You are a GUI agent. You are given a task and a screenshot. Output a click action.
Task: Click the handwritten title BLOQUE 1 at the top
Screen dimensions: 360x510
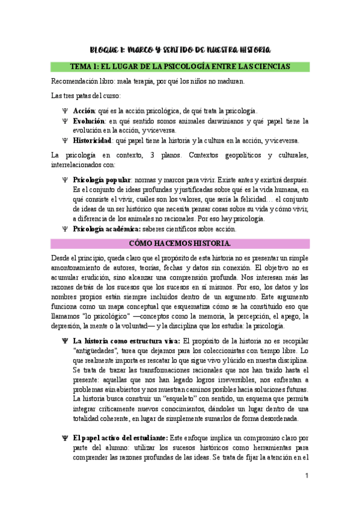pos(179,49)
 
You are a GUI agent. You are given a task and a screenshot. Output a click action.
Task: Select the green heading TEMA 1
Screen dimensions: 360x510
pos(180,66)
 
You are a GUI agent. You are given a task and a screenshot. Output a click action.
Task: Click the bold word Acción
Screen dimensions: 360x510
pos(84,111)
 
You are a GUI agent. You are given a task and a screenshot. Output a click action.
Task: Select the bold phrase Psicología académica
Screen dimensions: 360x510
pos(106,229)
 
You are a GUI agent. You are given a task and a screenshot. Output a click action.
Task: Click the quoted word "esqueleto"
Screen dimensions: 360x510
pos(183,399)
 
